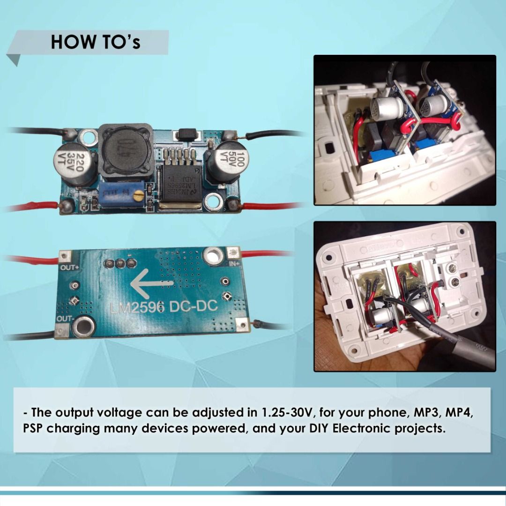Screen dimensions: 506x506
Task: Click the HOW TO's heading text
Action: point(96,42)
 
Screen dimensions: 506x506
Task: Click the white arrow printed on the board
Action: point(152,284)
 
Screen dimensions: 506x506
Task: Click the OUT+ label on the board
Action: point(69,268)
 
